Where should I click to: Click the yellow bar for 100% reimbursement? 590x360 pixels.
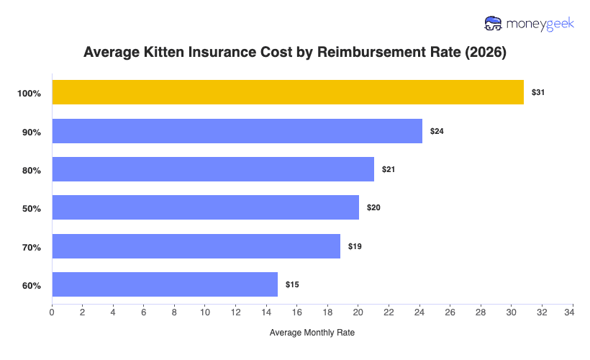288,92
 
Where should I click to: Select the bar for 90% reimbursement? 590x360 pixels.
237,131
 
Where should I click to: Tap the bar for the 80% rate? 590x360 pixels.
213,169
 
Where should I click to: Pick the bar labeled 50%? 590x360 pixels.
205,207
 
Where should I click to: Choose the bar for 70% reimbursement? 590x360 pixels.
196,246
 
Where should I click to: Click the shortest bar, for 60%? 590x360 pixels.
165,284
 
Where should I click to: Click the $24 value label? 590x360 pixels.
437,131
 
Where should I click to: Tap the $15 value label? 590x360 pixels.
292,284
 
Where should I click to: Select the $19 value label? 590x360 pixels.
355,246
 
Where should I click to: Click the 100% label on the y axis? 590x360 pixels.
29,94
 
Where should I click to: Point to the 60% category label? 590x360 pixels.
31,285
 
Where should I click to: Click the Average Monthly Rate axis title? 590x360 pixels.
312,333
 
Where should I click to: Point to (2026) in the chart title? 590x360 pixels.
486,52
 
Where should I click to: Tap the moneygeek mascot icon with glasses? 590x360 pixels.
494,23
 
